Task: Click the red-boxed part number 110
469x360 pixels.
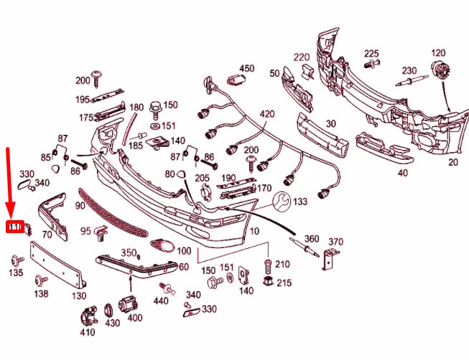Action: click(16, 227)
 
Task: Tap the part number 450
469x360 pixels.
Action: click(246, 69)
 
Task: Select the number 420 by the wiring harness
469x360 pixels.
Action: click(266, 114)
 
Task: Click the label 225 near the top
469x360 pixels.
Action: click(371, 54)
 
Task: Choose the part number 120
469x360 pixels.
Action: click(437, 54)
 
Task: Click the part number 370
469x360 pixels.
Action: click(335, 242)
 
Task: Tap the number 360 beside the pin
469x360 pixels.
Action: click(312, 239)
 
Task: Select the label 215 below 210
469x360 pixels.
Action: click(284, 283)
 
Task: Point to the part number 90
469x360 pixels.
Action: click(80, 206)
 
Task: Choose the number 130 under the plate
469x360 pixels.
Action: click(79, 295)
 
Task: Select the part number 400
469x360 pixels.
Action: click(134, 318)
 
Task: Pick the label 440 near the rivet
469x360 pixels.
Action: click(161, 301)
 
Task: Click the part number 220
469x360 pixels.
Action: click(301, 57)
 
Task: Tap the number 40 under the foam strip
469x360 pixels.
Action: click(402, 173)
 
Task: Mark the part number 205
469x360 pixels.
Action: click(202, 179)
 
